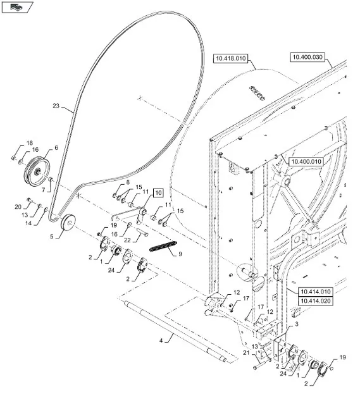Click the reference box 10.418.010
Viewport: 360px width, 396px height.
(231, 58)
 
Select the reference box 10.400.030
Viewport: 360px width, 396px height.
(307, 57)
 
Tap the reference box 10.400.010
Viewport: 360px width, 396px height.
(306, 161)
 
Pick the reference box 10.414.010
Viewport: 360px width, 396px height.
(316, 292)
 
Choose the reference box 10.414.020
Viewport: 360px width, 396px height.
(316, 300)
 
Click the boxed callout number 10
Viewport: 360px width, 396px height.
(158, 193)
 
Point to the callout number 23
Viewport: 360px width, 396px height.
(56, 106)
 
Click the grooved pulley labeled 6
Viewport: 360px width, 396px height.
(37, 171)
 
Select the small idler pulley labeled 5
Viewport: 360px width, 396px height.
(68, 222)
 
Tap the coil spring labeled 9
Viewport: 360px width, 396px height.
(163, 246)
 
